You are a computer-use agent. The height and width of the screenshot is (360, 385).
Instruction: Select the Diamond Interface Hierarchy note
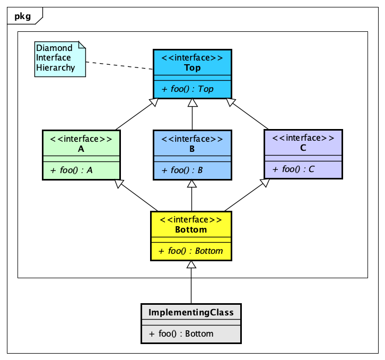pyautogui.click(x=59, y=58)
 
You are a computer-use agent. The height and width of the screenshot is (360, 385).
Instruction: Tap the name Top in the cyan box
pyautogui.click(x=192, y=68)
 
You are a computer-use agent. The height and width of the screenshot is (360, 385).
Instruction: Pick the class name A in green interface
pyautogui.click(x=81, y=149)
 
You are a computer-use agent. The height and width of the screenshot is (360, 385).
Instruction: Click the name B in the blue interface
pyautogui.click(x=192, y=149)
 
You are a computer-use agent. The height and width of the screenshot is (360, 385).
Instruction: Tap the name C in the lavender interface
pyautogui.click(x=303, y=148)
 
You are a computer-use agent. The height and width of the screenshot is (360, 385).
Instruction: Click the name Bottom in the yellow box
pyautogui.click(x=191, y=230)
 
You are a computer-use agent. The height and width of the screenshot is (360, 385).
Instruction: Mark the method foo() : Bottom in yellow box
pyautogui.click(x=191, y=251)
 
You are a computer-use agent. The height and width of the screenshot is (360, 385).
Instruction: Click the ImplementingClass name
pyautogui.click(x=191, y=312)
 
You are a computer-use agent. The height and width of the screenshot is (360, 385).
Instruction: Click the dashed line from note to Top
pyautogui.click(x=119, y=66)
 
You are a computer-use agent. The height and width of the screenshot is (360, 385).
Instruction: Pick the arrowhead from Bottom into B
pyautogui.click(x=191, y=184)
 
